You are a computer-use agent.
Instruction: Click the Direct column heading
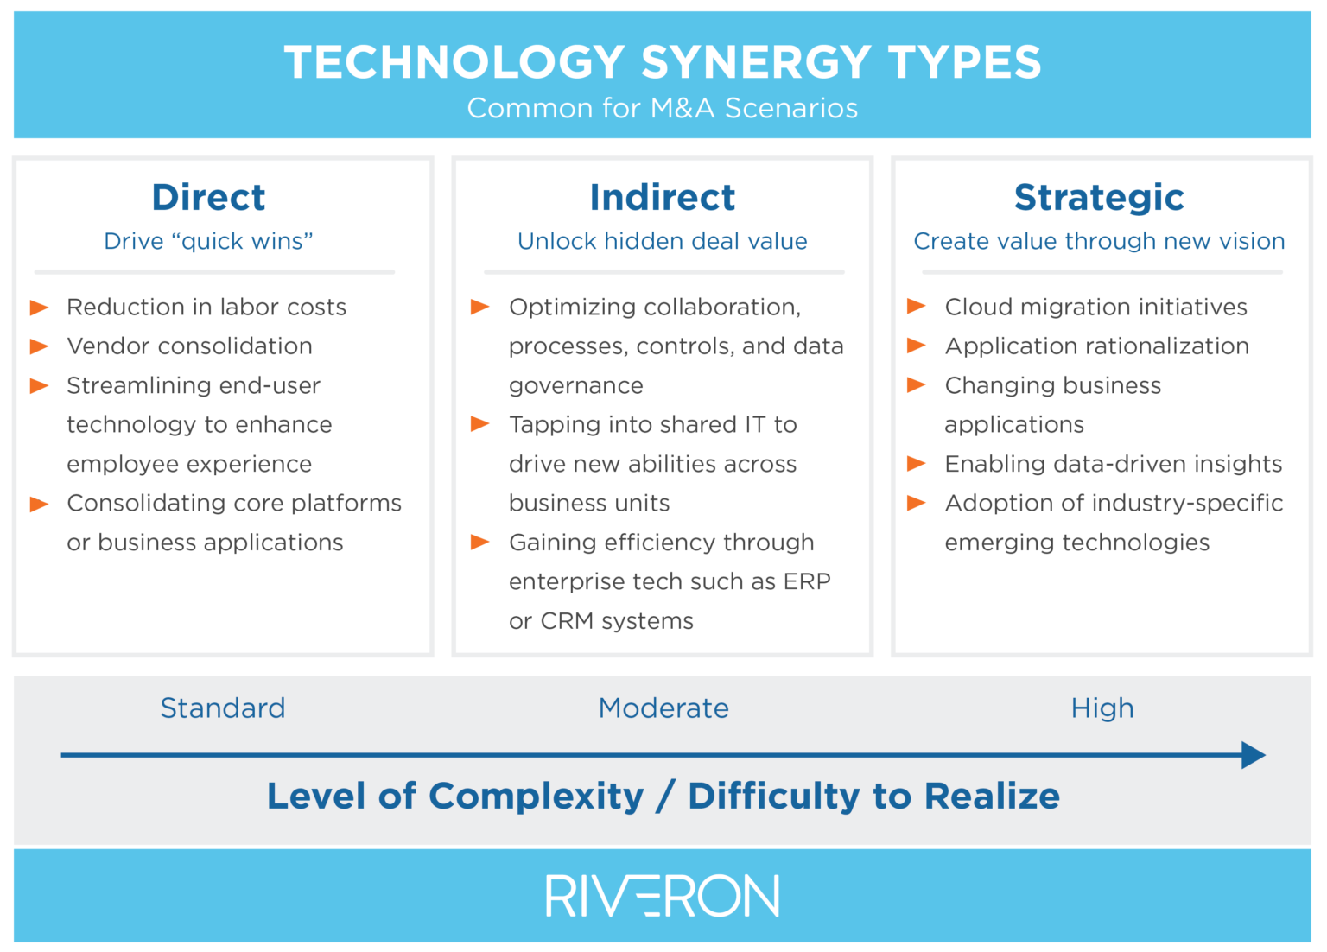[x=208, y=198]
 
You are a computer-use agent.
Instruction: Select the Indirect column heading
[x=662, y=198]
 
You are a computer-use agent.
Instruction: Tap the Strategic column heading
[x=1098, y=198]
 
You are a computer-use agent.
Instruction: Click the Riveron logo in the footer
[x=662, y=896]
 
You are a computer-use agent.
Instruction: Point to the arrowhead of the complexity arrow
[x=1254, y=755]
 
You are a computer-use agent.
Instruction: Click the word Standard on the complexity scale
[x=223, y=708]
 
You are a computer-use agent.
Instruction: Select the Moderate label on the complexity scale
[x=663, y=708]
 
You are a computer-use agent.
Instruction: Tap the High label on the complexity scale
[x=1102, y=708]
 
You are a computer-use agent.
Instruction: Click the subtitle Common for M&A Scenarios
[x=662, y=109]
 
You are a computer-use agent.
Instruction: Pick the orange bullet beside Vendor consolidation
[x=40, y=346]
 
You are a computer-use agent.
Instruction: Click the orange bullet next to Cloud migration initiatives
[x=917, y=307]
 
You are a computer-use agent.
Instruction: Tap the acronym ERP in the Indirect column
[x=807, y=581]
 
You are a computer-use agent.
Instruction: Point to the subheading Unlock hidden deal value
[x=662, y=241]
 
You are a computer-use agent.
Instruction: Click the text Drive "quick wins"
[x=208, y=241]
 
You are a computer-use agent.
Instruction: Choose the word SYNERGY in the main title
[x=756, y=63]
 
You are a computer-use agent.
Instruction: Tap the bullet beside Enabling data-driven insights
[x=917, y=464]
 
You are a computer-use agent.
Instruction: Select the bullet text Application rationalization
[x=1096, y=346]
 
